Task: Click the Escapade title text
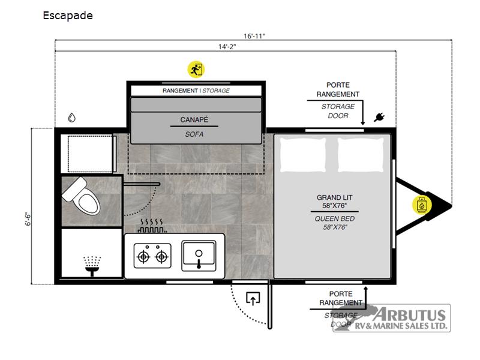68,16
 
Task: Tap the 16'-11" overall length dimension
254,36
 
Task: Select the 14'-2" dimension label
227,47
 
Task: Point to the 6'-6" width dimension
28,219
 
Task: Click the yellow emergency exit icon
196,70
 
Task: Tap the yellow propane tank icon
422,205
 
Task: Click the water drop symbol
71,118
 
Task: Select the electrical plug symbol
379,117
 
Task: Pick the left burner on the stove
143,257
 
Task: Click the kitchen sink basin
199,256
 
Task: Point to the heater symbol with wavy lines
152,226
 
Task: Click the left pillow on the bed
303,155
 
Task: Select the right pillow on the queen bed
361,155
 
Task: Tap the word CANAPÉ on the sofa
194,119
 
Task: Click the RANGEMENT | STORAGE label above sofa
196,91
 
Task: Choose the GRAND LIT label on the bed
334,197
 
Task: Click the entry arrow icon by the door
253,299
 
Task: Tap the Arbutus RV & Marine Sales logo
392,317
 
